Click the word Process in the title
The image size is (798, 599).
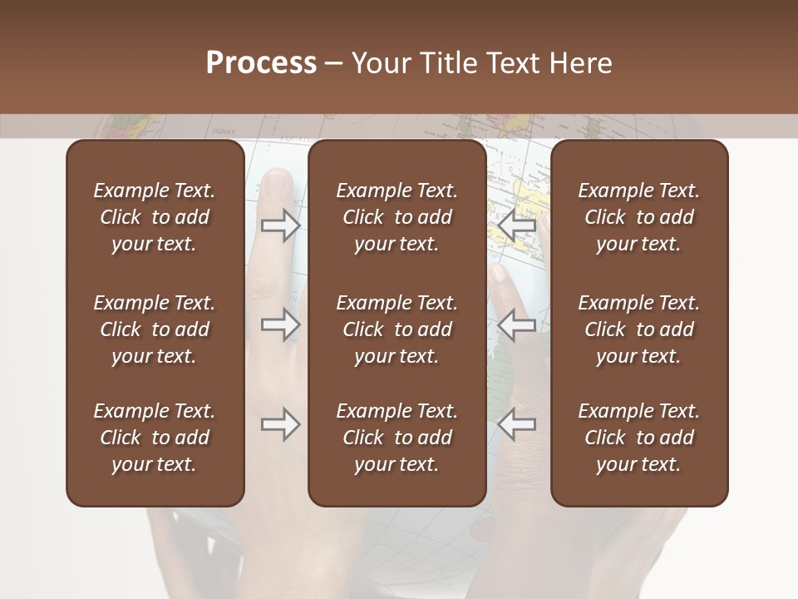(x=261, y=63)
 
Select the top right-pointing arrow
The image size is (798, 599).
(x=280, y=225)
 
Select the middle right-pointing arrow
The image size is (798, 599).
(x=280, y=324)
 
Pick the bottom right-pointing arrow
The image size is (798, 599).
(x=280, y=425)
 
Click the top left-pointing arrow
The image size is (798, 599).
(x=517, y=225)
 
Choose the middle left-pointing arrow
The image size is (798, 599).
(x=517, y=324)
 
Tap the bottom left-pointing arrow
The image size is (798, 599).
(x=517, y=425)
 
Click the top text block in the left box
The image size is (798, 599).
(x=155, y=217)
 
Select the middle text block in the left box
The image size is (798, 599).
(x=155, y=329)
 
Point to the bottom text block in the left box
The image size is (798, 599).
(x=155, y=438)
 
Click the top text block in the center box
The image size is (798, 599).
(x=397, y=217)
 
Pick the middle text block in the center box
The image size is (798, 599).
(x=397, y=329)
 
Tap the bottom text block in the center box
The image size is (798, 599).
(x=397, y=438)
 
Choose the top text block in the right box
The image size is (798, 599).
(x=639, y=217)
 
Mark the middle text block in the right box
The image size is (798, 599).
(x=639, y=329)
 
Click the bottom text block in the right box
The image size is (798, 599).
(x=639, y=438)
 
